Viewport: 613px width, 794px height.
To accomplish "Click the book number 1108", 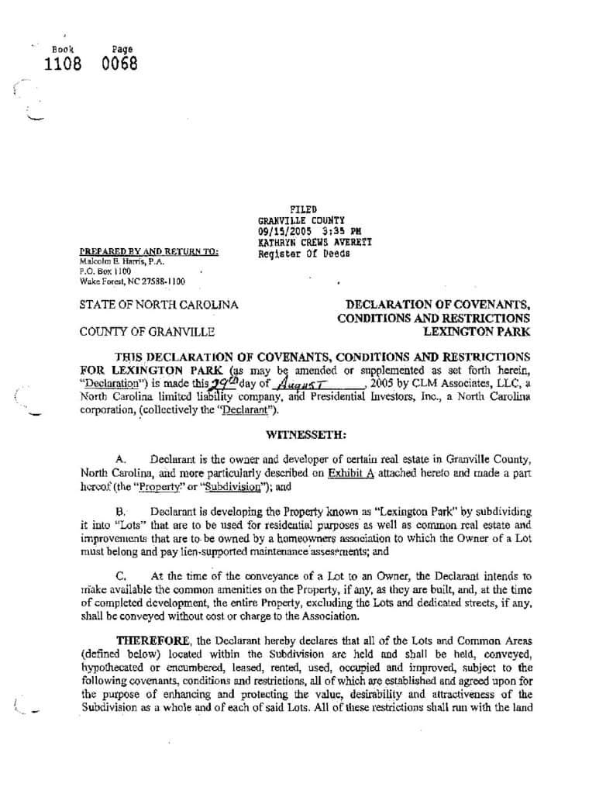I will pos(62,65).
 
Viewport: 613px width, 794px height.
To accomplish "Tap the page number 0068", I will pos(119,65).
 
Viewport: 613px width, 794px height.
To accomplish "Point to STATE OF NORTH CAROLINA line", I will pos(159,306).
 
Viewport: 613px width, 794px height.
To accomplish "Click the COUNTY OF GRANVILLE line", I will pos(147,333).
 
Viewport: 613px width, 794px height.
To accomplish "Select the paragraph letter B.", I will pos(120,512).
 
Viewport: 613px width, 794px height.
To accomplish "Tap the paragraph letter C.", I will pos(120,577).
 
